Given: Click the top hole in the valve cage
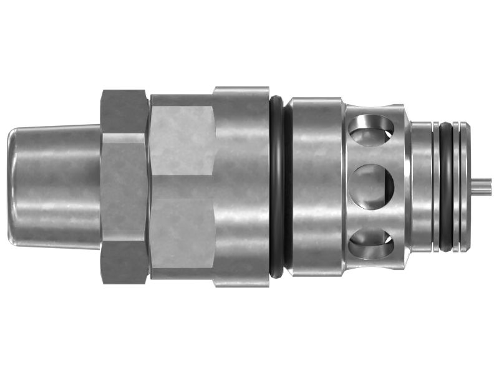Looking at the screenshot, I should (x=372, y=131).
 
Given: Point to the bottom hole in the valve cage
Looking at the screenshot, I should (x=372, y=243).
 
